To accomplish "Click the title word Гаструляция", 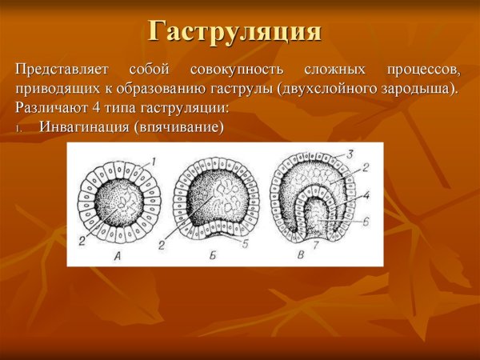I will pos(235,32).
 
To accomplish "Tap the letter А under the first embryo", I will pos(118,257).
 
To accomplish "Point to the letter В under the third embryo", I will pos(299,257).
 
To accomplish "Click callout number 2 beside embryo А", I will pos(81,241).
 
